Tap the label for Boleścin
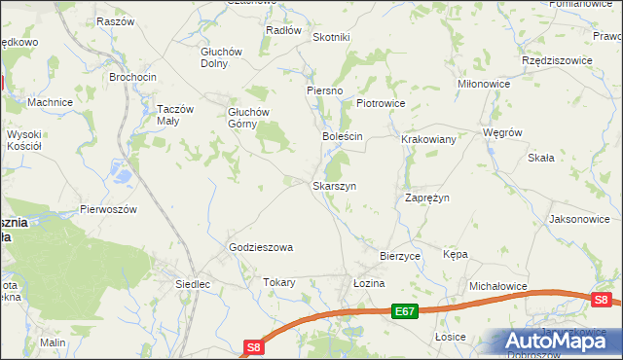[x=343, y=136]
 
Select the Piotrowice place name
[x=380, y=102]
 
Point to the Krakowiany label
[x=428, y=139]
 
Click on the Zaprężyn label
[x=426, y=198]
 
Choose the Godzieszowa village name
[x=261, y=247]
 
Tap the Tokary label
[x=278, y=282]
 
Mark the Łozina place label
[x=369, y=282]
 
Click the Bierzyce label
[x=399, y=255]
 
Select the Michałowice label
[x=497, y=287]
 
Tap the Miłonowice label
[x=485, y=85]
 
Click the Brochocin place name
[x=132, y=76]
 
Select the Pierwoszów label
[x=109, y=209]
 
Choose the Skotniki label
[x=331, y=37]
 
